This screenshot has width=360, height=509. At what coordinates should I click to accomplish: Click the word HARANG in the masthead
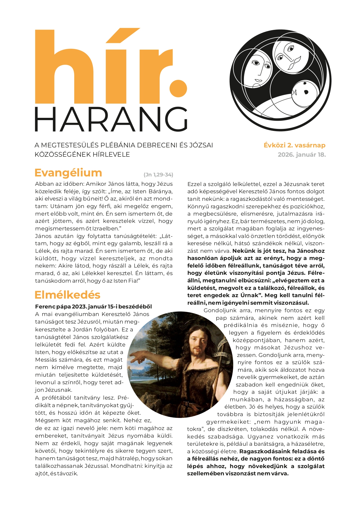[x=111, y=119]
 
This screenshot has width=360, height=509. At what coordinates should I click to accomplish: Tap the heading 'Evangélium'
[x=68, y=173]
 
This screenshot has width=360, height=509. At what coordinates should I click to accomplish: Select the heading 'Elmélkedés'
[x=67, y=295]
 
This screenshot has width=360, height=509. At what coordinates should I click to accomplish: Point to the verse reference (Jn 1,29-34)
[x=158, y=175]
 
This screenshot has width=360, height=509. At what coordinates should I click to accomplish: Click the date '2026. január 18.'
[x=302, y=155]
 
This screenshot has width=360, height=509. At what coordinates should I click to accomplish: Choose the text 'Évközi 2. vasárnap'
[x=294, y=145]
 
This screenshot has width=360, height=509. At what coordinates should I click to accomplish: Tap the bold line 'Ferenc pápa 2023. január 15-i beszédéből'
[x=93, y=306]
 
